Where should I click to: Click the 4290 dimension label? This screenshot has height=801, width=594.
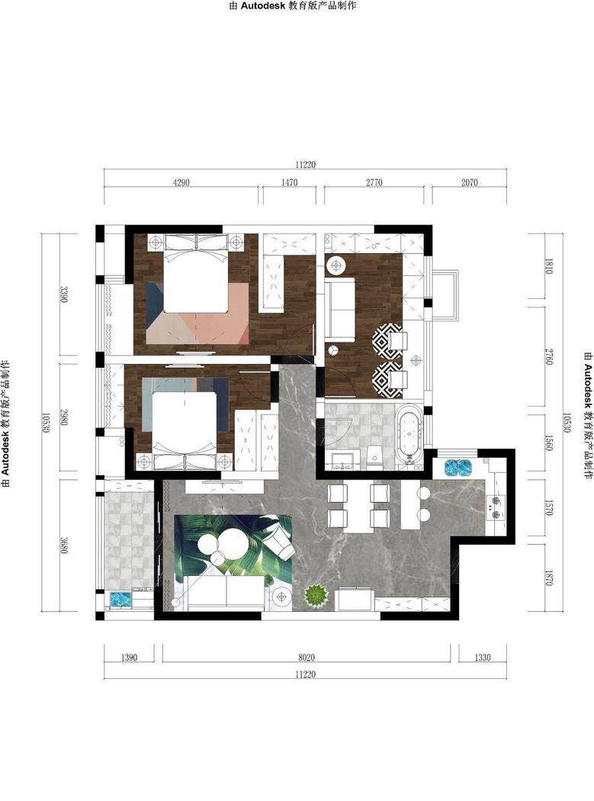tap(181, 182)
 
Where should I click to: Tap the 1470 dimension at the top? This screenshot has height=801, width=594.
tap(289, 182)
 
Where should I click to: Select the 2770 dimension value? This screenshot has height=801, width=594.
tap(374, 182)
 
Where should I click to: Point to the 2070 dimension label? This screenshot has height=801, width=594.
tap(470, 182)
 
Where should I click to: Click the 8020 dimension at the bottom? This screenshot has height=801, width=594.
tap(307, 658)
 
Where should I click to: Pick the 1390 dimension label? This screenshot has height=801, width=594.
tap(129, 658)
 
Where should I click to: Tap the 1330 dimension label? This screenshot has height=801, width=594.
tap(483, 658)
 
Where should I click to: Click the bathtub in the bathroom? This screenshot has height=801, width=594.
tap(409, 436)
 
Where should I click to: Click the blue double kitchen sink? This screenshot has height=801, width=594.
tap(458, 467)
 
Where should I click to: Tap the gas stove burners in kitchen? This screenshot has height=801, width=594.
tap(495, 507)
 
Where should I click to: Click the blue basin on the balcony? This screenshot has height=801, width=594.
tap(121, 598)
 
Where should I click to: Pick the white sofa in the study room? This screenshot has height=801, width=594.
tap(339, 310)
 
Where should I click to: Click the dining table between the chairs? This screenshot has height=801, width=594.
tap(358, 507)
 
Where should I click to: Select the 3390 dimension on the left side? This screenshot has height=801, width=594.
tap(64, 294)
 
